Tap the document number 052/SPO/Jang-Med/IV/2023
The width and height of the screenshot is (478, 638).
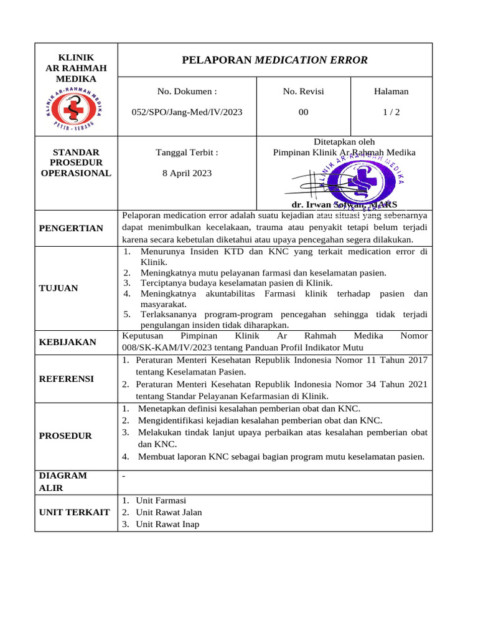(x=187, y=112)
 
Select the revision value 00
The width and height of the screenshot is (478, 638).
(x=303, y=112)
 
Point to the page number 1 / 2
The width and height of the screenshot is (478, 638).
(x=391, y=112)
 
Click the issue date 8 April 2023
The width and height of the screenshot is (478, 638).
(x=187, y=173)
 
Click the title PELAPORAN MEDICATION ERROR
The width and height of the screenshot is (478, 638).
(x=274, y=60)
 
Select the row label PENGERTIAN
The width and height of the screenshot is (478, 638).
(x=71, y=228)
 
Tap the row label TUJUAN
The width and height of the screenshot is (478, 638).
(x=59, y=288)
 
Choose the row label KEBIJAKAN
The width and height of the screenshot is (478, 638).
(x=68, y=342)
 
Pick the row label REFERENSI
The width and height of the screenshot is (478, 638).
(x=67, y=378)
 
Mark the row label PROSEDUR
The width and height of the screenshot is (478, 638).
(x=65, y=436)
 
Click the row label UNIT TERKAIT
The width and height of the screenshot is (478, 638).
(x=75, y=512)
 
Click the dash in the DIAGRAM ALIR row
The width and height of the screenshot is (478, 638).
(x=124, y=476)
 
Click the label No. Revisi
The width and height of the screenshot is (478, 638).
(x=303, y=92)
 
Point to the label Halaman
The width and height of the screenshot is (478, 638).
(x=391, y=92)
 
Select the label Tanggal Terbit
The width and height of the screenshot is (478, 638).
(x=187, y=152)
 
